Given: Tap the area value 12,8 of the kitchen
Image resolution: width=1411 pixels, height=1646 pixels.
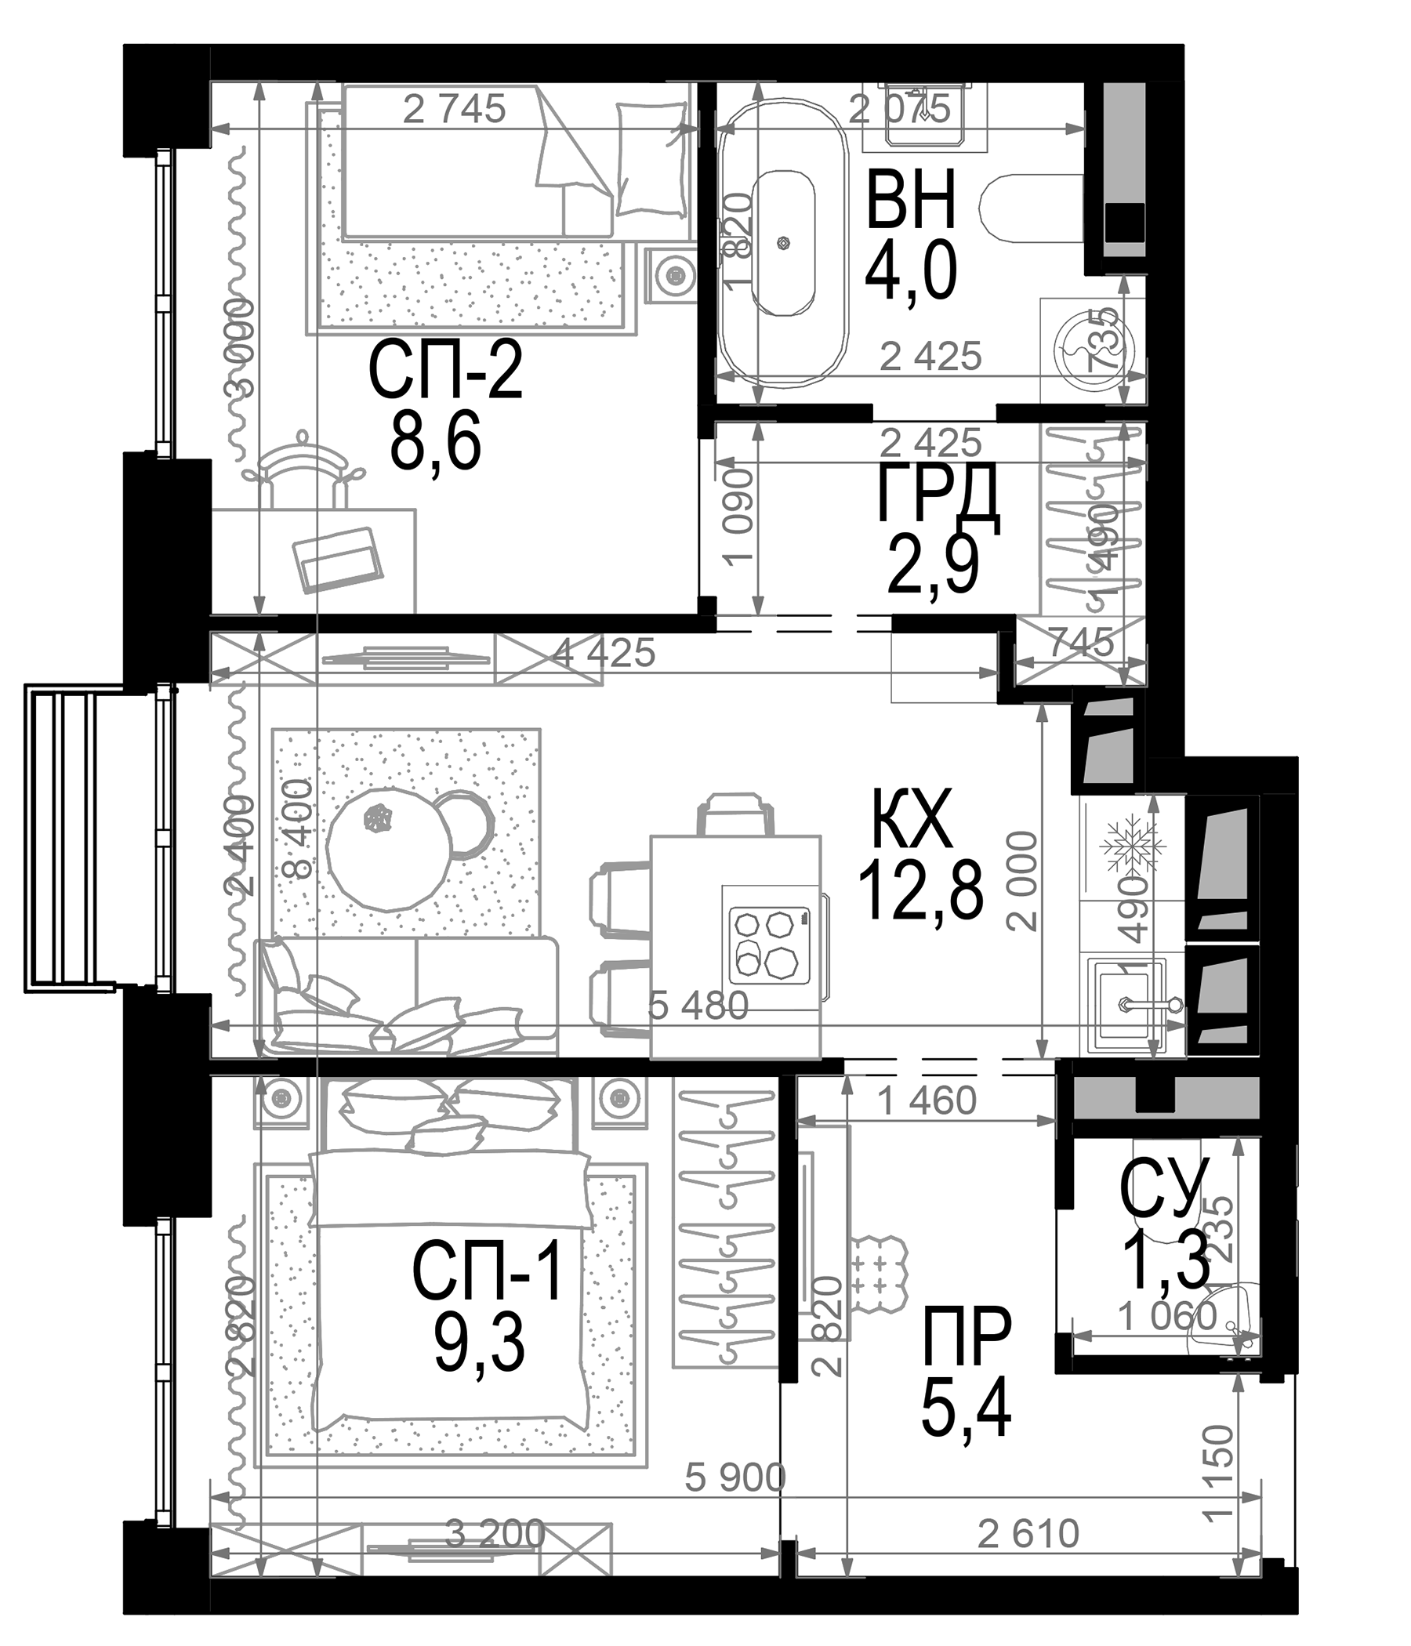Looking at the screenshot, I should pos(921,891).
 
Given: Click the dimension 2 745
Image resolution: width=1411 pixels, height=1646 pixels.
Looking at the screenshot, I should pos(454,110).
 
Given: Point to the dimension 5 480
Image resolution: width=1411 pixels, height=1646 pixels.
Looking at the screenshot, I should pos(698,1006).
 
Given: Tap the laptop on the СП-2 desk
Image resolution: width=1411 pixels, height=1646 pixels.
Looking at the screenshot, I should pos(337,558).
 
